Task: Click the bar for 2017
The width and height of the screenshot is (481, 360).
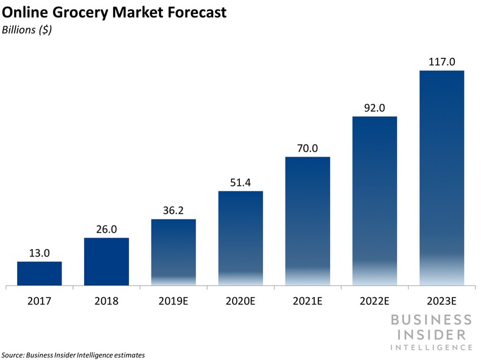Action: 39,274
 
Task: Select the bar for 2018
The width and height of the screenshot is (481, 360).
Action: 106,261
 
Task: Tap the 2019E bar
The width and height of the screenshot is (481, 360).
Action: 173,252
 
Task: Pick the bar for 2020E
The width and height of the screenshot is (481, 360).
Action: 240,238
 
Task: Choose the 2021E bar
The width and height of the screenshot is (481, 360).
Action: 307,221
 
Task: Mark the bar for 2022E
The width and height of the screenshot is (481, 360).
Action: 374,201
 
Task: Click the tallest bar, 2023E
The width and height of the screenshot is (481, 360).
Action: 441,178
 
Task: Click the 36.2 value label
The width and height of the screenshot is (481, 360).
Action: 173,211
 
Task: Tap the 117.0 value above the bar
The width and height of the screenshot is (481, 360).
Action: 441,62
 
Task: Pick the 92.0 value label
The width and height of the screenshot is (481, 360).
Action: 374,108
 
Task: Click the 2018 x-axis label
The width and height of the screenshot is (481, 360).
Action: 106,300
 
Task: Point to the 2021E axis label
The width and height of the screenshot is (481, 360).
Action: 307,300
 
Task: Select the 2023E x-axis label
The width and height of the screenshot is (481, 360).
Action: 441,300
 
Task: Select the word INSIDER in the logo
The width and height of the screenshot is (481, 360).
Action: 430,334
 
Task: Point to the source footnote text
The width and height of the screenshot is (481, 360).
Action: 73,355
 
